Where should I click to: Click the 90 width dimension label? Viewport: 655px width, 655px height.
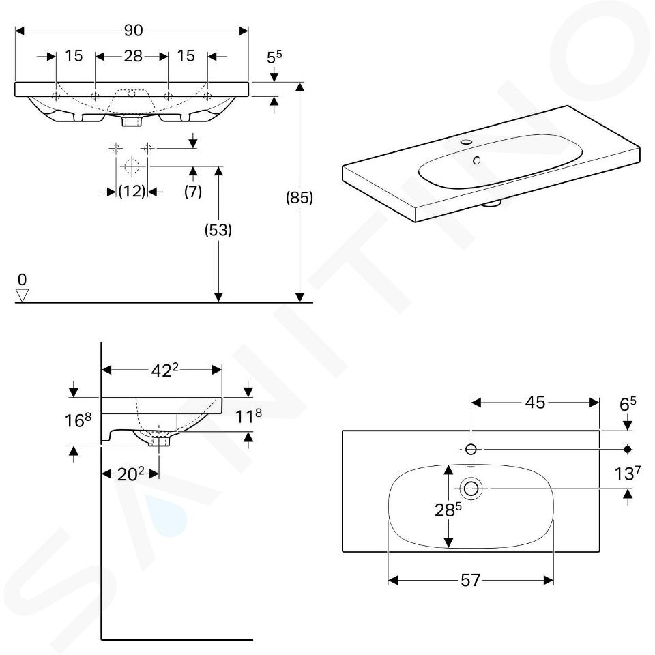tap(133, 31)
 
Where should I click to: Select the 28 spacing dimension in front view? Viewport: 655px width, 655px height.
tap(133, 56)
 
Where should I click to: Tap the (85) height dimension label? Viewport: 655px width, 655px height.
tap(299, 198)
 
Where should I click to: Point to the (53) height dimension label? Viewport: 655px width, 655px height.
tap(218, 231)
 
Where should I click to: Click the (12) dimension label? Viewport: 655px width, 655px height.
tap(132, 192)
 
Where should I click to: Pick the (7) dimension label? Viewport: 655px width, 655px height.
tap(193, 192)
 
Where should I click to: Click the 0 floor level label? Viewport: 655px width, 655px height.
tap(22, 280)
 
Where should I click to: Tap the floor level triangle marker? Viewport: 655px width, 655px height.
tap(23, 295)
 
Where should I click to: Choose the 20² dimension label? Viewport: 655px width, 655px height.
tap(131, 474)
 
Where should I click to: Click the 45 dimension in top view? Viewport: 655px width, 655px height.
tap(536, 403)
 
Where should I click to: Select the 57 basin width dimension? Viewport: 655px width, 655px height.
tap(471, 581)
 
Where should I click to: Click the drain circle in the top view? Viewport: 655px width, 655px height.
tap(471, 488)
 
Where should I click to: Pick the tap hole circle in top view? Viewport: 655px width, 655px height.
tap(471, 449)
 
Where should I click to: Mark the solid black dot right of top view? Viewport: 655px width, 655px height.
tap(628, 449)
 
